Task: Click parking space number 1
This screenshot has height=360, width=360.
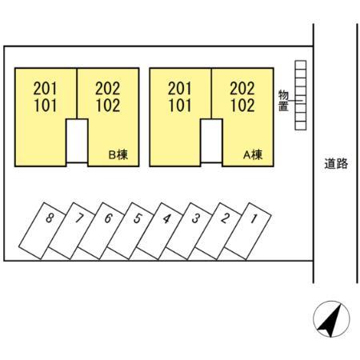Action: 248,231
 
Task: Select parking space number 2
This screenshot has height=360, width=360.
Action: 218,231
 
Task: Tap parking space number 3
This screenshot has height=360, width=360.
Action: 190,231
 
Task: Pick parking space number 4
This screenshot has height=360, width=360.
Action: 160,231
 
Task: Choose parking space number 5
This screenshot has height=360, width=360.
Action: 130,231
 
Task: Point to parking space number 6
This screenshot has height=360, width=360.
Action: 102,231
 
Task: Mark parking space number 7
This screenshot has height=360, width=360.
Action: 72,231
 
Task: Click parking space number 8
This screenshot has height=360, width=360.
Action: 42,230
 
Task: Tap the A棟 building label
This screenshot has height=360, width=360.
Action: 253,154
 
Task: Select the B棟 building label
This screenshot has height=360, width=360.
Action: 118,154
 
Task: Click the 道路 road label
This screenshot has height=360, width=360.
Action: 336,163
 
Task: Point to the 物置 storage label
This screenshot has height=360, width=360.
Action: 283,101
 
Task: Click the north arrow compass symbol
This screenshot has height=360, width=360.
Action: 331,319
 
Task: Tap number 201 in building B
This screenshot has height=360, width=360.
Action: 46,89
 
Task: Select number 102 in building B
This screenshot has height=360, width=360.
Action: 108,106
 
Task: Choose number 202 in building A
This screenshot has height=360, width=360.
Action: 242,89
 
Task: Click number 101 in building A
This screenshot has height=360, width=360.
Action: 180,106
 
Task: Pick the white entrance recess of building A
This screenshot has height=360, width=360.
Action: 211,141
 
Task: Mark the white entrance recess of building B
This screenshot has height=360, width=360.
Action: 77,141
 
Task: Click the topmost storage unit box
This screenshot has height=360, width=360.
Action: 301,65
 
